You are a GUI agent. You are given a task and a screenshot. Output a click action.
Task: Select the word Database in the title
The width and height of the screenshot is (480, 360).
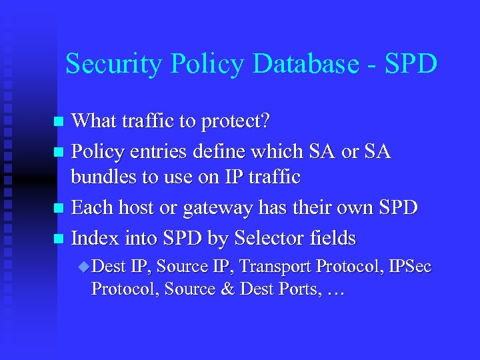(x=294, y=64)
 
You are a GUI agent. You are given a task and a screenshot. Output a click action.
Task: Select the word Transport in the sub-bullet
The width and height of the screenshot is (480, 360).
(x=276, y=267)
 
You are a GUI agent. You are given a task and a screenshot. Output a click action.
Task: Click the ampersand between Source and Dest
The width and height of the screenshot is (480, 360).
(x=227, y=289)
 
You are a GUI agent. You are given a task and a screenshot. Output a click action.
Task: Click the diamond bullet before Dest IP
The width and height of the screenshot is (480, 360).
(x=83, y=267)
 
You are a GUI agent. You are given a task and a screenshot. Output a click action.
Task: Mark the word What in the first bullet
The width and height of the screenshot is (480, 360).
(x=91, y=121)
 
